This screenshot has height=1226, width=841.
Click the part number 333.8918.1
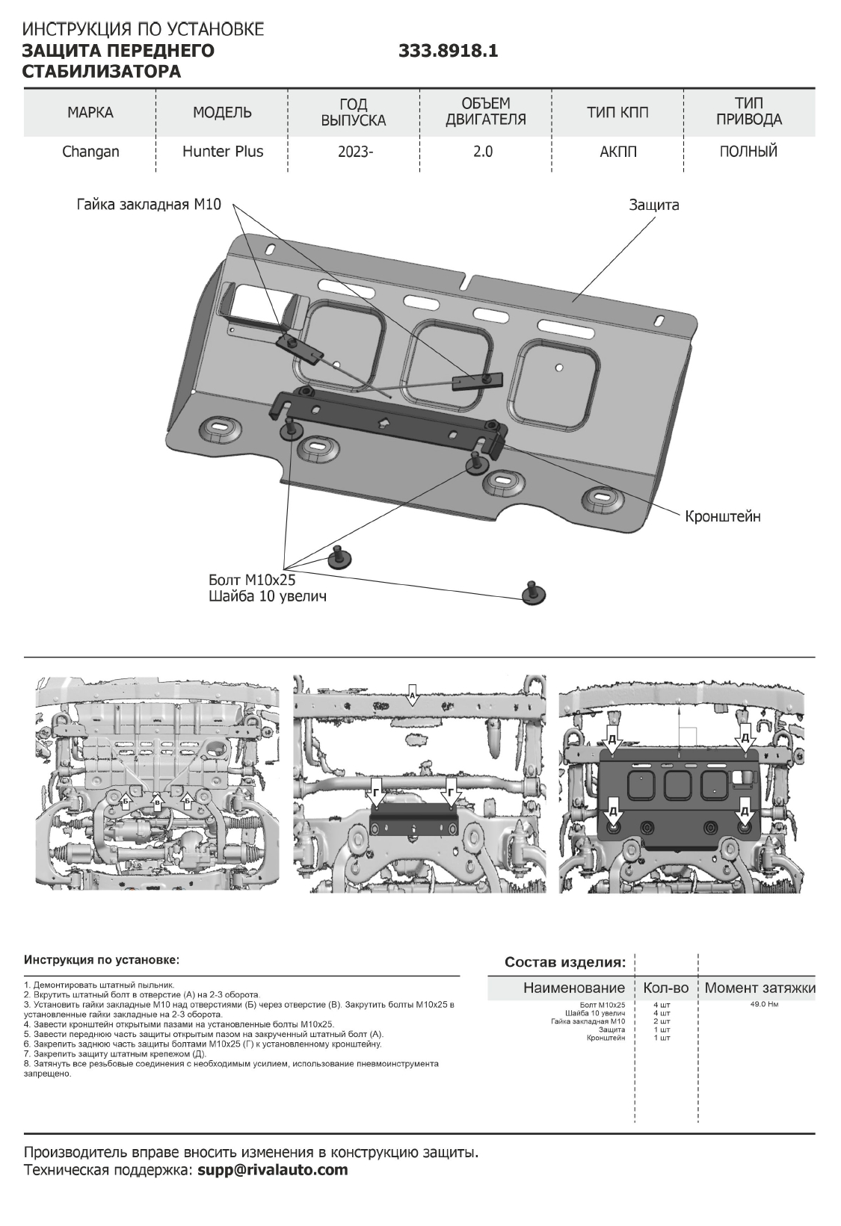pos(448,51)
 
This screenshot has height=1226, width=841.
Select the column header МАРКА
pos(90,113)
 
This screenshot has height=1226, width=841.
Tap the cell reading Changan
pos(90,152)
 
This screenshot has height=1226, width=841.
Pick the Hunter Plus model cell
pos(223,151)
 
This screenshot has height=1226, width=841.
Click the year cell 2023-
pos(354,152)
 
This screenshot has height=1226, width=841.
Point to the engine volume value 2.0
pos(483,152)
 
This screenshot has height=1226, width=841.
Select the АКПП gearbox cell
pos(617,151)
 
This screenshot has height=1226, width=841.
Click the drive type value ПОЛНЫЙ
pos(748,151)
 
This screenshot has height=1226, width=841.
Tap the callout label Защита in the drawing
pos(653,205)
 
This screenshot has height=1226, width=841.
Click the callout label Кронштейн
pos(723,516)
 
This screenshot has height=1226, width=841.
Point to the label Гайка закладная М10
pos(149,204)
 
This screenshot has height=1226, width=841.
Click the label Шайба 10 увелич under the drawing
pos(267,597)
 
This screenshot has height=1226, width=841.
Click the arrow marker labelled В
pos(156,802)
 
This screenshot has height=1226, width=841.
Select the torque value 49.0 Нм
pos(764,1004)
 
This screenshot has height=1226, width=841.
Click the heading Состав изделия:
pos(565,962)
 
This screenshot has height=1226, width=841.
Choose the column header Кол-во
pos(665,988)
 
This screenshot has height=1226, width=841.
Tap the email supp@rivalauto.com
pos(273,1170)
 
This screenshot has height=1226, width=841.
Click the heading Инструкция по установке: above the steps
pos(102,959)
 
